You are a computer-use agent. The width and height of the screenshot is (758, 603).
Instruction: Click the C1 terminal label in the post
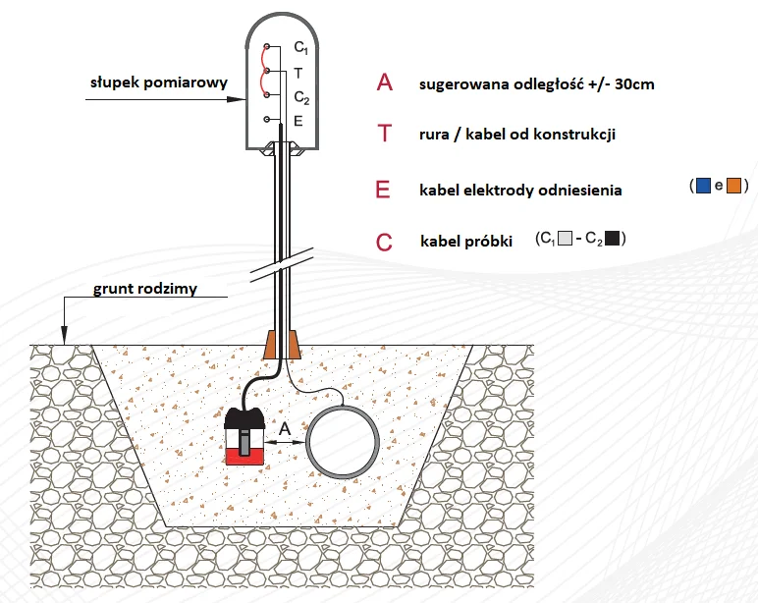click(300, 47)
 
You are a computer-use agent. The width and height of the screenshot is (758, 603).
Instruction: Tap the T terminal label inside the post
click(298, 73)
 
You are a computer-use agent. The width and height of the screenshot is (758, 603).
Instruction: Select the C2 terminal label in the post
click(301, 97)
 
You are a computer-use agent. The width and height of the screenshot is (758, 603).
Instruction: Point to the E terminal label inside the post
click(298, 121)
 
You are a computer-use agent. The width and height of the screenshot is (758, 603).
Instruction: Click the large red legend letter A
click(385, 82)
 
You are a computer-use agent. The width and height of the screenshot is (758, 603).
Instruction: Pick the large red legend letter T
click(384, 133)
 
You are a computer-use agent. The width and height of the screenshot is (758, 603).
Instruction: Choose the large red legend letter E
click(383, 190)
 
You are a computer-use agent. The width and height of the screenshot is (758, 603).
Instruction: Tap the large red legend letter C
click(384, 242)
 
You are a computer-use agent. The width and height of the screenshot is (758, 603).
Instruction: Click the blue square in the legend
click(703, 186)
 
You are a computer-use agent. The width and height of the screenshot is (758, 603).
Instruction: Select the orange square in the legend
click(733, 186)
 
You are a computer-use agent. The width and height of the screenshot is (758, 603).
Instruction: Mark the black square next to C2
click(612, 239)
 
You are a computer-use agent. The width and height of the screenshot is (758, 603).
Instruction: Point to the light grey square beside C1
click(565, 239)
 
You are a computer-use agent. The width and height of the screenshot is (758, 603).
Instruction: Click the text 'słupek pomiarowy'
click(158, 82)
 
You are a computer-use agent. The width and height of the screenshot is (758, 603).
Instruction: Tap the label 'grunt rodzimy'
click(145, 289)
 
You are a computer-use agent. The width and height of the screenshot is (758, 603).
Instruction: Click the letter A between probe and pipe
click(285, 428)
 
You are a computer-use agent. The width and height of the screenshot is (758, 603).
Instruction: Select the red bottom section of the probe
click(244, 456)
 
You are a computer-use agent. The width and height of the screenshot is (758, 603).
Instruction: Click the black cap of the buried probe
click(244, 417)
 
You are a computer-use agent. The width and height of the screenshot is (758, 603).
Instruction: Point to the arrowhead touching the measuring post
click(237, 99)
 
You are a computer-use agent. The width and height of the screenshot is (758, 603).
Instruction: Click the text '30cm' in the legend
click(634, 84)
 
